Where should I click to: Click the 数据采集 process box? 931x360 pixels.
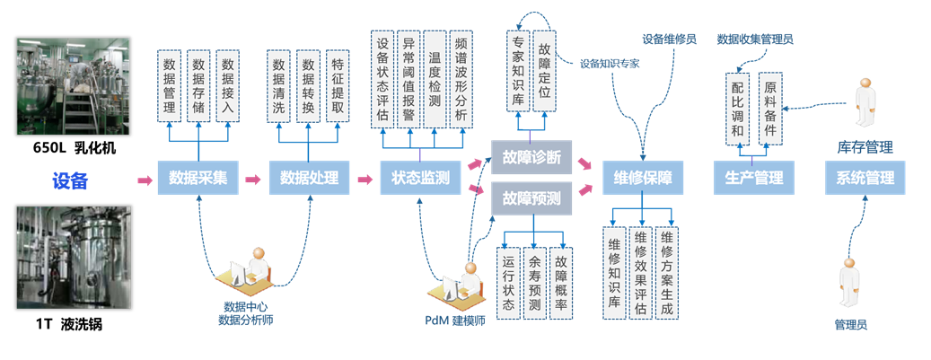coord(197,178)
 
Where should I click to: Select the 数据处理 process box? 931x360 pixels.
coord(309,178)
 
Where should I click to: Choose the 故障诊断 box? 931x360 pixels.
coord(531,156)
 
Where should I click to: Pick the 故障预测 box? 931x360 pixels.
coord(531,198)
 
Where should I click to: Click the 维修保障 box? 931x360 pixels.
coord(643,178)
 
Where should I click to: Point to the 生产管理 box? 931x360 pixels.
coord(754,178)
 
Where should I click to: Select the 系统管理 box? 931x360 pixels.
coord(865,178)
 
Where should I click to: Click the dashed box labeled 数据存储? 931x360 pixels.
coord(198,86)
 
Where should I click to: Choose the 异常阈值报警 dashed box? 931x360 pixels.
coord(409,78)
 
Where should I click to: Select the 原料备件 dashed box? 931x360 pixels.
coord(769,108)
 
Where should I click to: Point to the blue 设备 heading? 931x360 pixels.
coord(70,180)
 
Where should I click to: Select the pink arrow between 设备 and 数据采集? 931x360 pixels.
coord(144,180)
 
